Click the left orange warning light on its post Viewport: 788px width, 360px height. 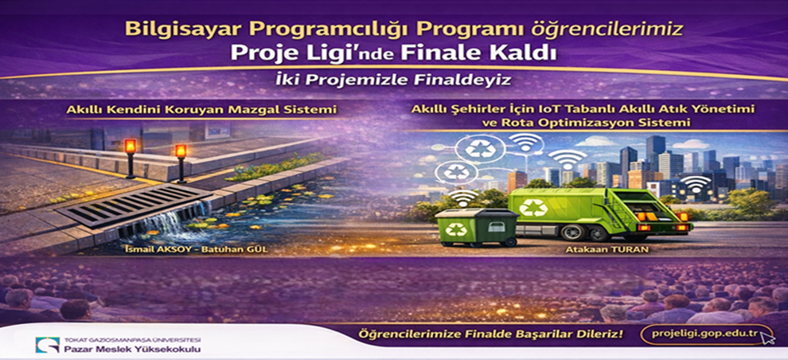coord(131,147)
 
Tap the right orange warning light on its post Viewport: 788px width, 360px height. coord(181,151)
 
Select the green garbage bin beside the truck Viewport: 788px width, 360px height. coord(477,227)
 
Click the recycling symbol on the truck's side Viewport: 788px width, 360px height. coord(532,207)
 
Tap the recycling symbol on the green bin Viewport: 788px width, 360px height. coord(456,229)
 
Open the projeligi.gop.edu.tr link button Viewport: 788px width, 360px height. coord(707,335)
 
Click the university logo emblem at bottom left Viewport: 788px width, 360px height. coord(47,345)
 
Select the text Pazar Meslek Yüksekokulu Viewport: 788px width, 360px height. coord(132,348)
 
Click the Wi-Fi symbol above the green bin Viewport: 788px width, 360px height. coord(462,197)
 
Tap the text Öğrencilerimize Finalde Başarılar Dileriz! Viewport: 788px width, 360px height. coord(490,334)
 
